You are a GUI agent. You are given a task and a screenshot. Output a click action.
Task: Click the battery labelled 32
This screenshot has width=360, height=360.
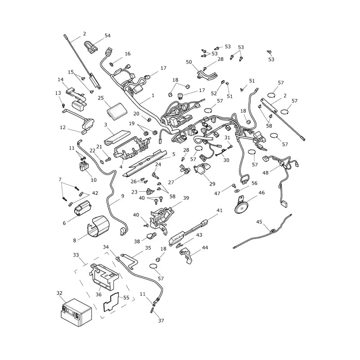[x=76, y=312]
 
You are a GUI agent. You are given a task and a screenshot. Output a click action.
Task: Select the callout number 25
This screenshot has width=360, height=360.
[x=101, y=98]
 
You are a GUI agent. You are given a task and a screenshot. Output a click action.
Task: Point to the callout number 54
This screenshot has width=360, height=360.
[x=108, y=36]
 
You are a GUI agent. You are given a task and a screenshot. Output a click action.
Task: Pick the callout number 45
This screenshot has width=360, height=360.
[x=259, y=222]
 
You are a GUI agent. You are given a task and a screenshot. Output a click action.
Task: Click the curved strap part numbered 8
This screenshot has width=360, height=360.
[x=98, y=226]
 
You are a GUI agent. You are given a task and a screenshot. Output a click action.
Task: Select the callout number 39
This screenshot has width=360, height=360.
[x=186, y=198]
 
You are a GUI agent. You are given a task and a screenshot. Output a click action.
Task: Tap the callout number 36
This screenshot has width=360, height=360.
[x=99, y=294]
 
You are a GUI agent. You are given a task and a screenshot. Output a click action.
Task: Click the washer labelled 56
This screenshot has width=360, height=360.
[x=236, y=191]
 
